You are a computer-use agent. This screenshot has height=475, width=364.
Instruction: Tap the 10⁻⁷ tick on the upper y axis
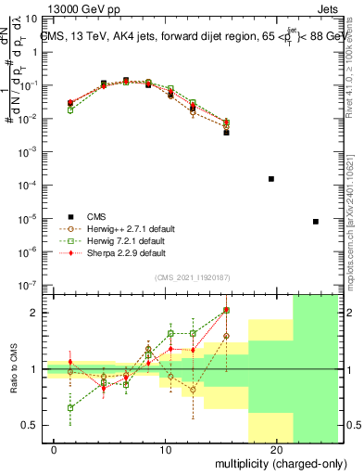(31, 285)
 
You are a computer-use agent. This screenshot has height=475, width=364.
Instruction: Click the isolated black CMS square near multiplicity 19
(271, 178)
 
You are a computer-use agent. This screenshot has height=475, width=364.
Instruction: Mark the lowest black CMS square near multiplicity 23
(316, 221)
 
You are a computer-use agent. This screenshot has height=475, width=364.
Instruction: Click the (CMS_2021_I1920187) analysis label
(193, 277)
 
